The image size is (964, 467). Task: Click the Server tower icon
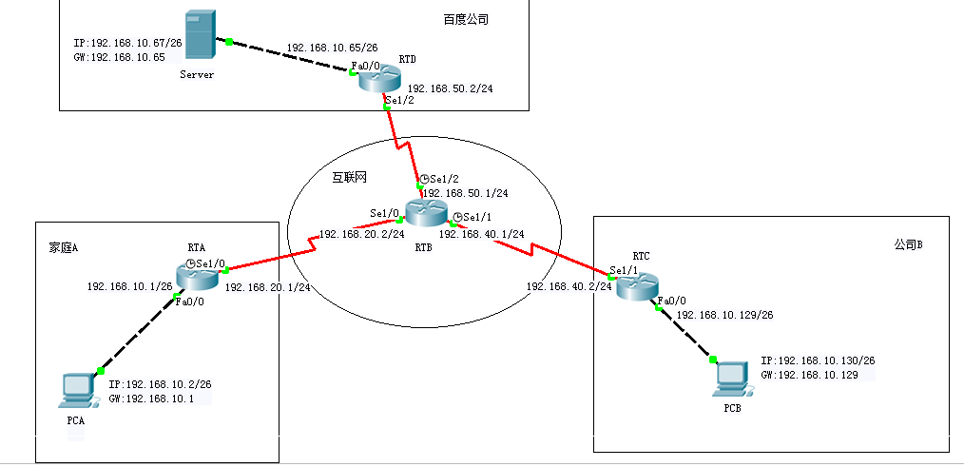(x=198, y=38)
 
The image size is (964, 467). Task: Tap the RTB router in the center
(x=423, y=213)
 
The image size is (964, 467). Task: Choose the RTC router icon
(x=636, y=283)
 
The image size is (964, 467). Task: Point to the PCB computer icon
(x=731, y=379)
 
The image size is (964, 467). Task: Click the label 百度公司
(x=466, y=19)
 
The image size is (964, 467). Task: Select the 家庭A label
(x=64, y=247)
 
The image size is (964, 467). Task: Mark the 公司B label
(x=908, y=244)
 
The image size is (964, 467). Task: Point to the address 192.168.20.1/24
(x=268, y=286)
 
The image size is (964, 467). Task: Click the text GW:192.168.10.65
(x=119, y=57)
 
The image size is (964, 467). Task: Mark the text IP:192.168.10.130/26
(x=817, y=361)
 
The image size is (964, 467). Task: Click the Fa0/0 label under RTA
(x=187, y=302)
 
